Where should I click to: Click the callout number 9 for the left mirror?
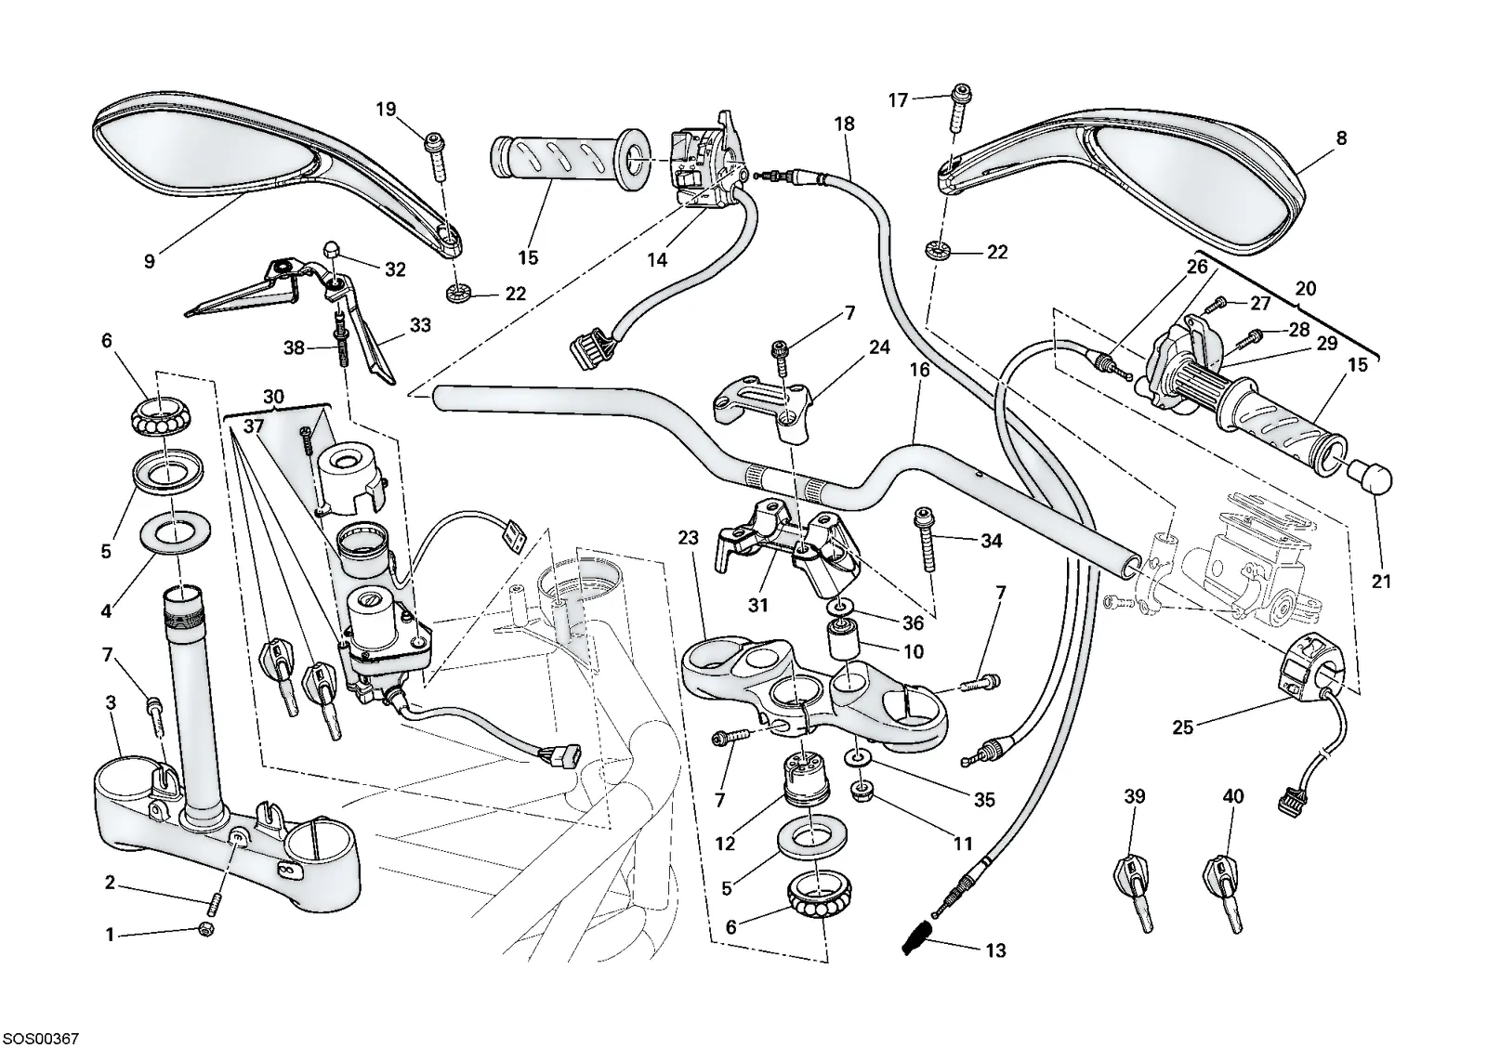(150, 261)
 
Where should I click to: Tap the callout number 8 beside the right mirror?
(1342, 138)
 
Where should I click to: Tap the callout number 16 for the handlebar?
(919, 370)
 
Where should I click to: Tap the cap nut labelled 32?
(332, 250)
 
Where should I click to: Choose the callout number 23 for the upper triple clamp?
(689, 537)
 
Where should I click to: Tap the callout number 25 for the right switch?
(1182, 727)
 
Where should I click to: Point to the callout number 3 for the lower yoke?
(111, 702)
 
